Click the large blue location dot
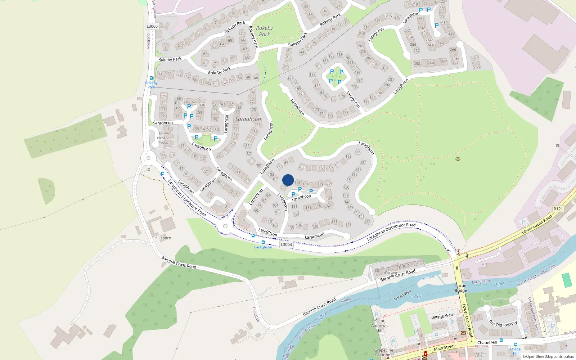(x=288, y=180)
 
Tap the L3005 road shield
(x=152, y=26)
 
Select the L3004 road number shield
(x=286, y=244)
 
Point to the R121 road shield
(x=558, y=209)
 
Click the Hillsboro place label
(x=163, y=238)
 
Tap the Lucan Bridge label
(x=460, y=288)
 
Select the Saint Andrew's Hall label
(x=380, y=325)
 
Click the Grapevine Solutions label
(x=383, y=352)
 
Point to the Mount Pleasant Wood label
(x=164, y=138)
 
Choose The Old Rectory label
(x=503, y=323)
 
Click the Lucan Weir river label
(x=402, y=296)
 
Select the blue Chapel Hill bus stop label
(x=516, y=351)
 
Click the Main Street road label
(x=444, y=347)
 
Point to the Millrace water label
(x=428, y=278)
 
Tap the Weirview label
(x=390, y=273)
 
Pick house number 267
(x=474, y=58)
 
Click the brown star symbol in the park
(x=458, y=159)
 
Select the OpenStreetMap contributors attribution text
(x=548, y=357)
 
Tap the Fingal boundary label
(x=346, y=300)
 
